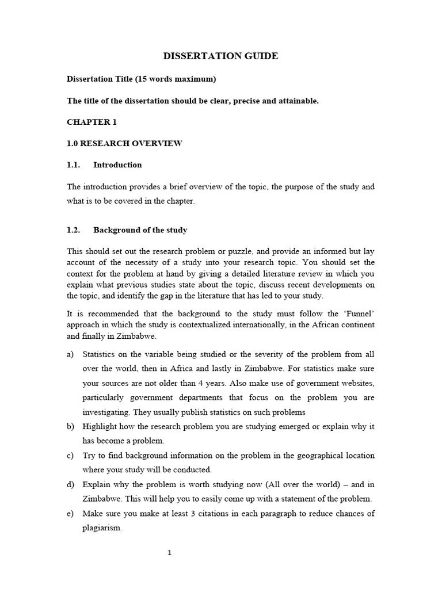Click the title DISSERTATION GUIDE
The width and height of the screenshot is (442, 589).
pos(221,56)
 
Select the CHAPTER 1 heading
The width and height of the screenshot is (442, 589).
pos(90,123)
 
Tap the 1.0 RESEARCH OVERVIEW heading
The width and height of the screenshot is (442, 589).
pos(124,143)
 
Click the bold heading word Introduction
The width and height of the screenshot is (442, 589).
pos(117,165)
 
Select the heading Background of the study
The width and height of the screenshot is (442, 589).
pos(140,230)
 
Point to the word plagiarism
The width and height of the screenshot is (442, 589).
pos(102,528)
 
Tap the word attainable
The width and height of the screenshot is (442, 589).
pos(295,101)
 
